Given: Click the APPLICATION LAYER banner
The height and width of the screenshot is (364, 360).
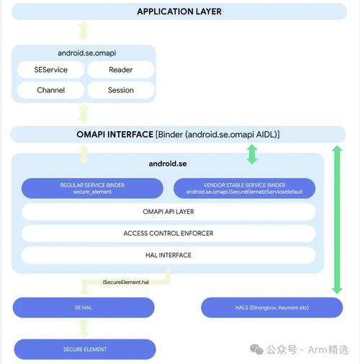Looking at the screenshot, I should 179,12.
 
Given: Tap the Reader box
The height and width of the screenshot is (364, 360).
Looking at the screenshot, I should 120,69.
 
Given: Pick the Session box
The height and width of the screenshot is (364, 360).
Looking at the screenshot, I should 120,90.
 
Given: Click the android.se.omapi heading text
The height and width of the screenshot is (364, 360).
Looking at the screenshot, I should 84,53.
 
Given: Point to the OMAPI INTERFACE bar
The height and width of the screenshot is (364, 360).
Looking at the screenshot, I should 178,134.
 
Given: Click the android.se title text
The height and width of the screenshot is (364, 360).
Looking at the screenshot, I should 168,164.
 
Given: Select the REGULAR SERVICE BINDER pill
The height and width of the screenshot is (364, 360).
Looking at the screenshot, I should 92,188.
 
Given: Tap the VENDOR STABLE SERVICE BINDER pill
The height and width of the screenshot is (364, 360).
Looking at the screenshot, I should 244,188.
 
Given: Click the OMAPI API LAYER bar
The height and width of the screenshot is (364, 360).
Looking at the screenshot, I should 168,212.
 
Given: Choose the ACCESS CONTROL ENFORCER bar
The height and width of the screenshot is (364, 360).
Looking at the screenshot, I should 168,234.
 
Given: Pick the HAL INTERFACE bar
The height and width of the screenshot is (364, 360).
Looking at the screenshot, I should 168,255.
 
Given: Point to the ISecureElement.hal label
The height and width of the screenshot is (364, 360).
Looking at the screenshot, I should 125,283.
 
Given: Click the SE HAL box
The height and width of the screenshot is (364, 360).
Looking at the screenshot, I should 84,308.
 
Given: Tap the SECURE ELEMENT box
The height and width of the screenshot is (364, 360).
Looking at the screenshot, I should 84,350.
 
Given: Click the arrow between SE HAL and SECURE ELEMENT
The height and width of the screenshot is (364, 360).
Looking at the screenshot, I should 84,328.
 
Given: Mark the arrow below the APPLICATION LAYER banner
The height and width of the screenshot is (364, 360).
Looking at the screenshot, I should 84,31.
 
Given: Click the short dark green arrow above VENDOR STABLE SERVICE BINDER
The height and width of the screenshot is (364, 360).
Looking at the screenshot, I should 251,154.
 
